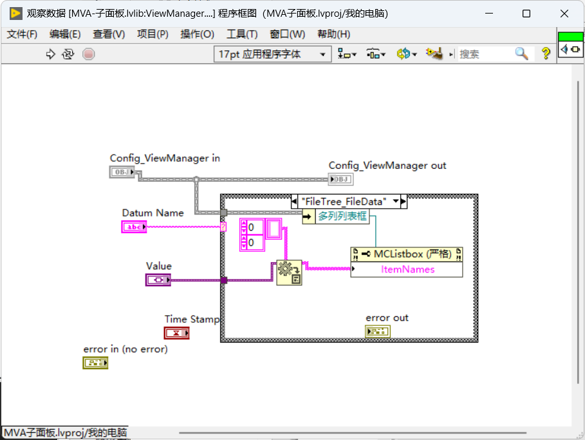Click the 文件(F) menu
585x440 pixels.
(x=22, y=34)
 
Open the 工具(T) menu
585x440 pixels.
(x=242, y=34)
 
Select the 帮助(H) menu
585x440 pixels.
(x=333, y=34)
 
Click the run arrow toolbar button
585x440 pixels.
(x=50, y=54)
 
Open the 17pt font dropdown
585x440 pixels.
(x=272, y=54)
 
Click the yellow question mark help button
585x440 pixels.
(x=546, y=53)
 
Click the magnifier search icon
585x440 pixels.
(x=521, y=53)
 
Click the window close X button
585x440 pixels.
(x=564, y=14)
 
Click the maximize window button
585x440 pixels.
(x=526, y=14)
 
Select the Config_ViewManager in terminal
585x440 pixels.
(x=122, y=172)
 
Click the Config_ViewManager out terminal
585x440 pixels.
(x=340, y=179)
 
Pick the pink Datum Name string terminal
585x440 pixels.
(x=134, y=227)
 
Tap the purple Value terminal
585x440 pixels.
(x=158, y=280)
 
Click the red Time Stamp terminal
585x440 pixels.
(x=176, y=333)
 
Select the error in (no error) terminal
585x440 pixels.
(x=95, y=363)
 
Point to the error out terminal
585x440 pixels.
(x=378, y=331)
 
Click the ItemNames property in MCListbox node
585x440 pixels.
(x=407, y=269)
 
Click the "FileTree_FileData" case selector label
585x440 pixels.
(x=344, y=202)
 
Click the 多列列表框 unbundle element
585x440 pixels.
(x=342, y=216)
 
